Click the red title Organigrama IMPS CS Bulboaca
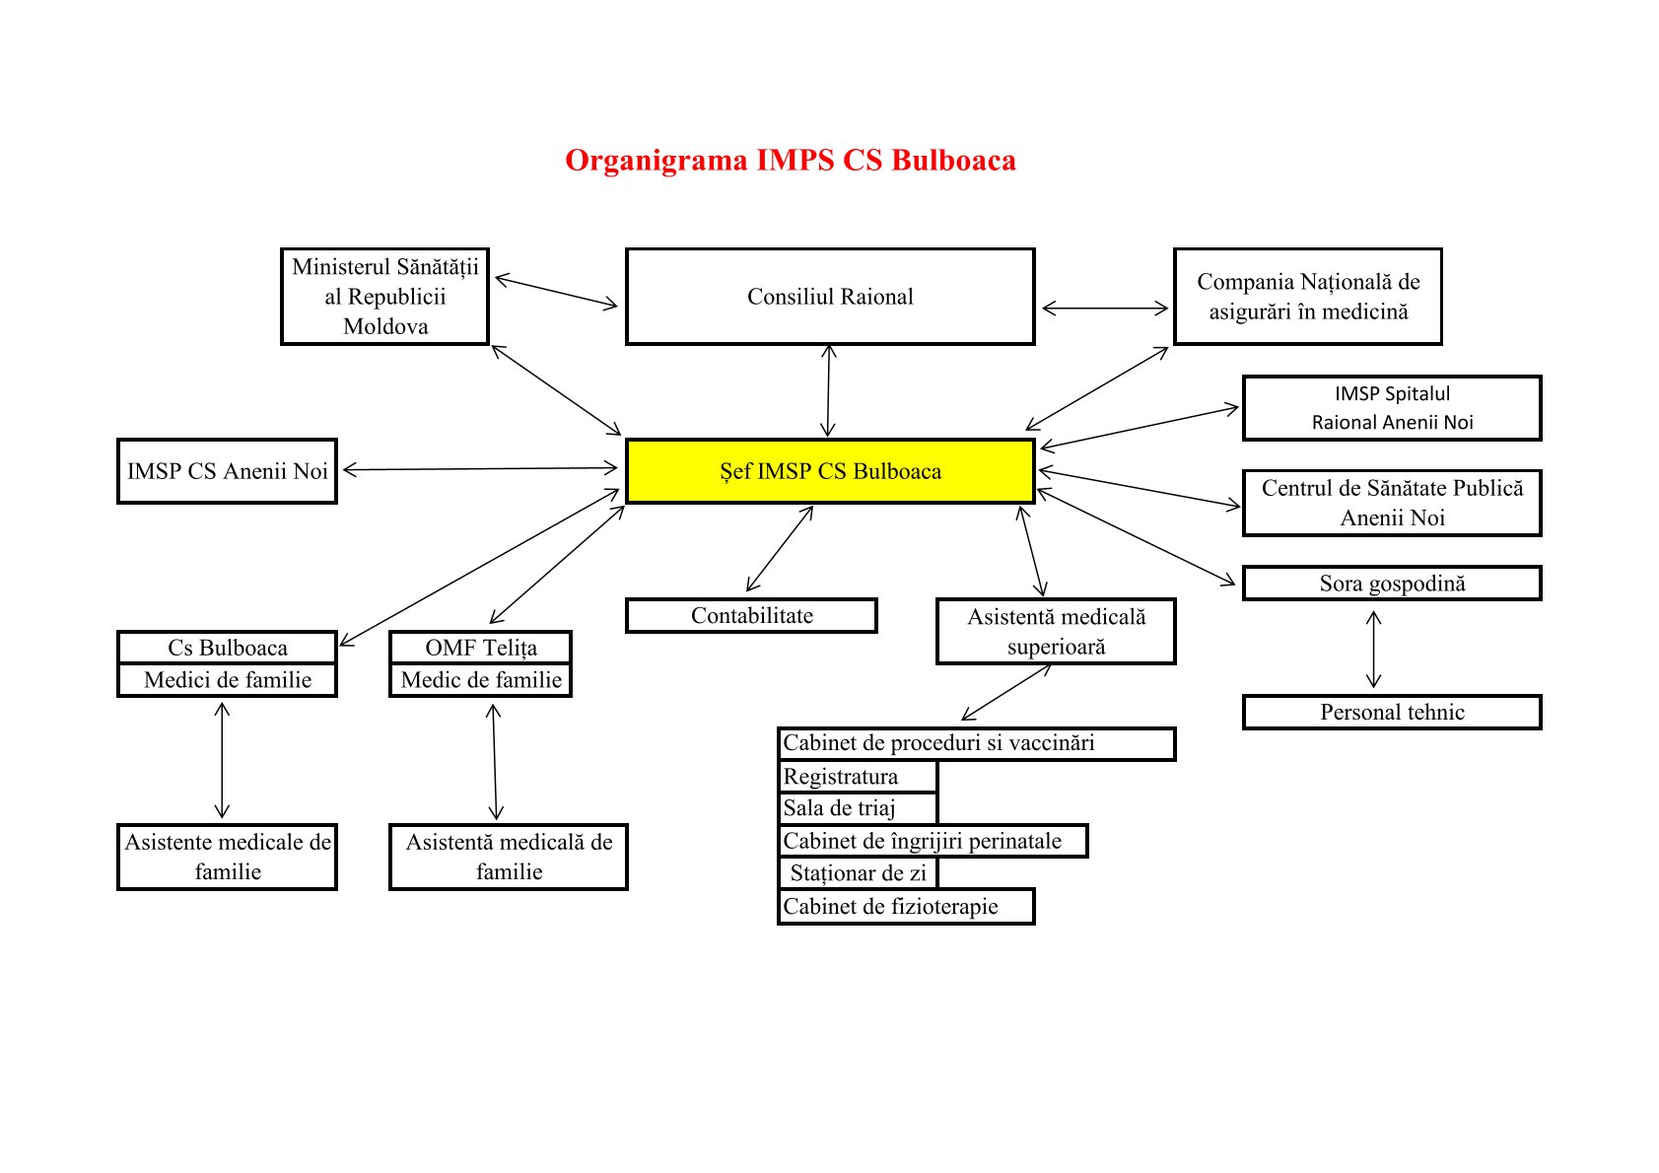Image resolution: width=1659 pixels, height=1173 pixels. [790, 161]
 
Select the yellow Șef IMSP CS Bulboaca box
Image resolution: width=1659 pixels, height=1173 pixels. [830, 471]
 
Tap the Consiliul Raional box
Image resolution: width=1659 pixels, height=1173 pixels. [830, 297]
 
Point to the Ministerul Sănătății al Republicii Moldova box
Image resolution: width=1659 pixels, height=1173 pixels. [384, 297]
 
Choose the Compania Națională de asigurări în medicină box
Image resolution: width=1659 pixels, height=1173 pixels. [1308, 297]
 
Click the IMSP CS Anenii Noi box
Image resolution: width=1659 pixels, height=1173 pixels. [227, 471]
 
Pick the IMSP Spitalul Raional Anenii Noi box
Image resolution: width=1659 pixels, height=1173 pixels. [1392, 408]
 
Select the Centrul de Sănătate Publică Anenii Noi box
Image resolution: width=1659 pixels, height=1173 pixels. [1392, 503]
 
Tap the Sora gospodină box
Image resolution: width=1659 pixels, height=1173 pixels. [1392, 584]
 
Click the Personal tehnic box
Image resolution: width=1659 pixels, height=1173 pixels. [1392, 713]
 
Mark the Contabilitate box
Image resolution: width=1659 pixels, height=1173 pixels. [751, 616]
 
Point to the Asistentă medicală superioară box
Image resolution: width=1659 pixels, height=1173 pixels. [1056, 632]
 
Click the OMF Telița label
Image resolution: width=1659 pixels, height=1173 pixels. [481, 648]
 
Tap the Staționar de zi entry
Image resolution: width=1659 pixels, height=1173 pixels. [858, 873]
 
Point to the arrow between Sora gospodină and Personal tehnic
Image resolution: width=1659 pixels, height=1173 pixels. [1374, 649]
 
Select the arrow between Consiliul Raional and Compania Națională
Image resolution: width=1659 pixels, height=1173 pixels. [1105, 309]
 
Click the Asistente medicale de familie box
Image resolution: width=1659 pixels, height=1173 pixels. [227, 857]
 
